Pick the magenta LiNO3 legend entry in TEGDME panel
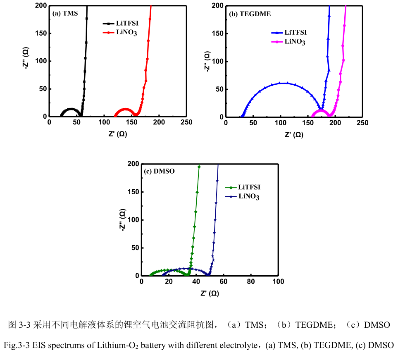(295, 42)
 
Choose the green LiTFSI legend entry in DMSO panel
(249, 187)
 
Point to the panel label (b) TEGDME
(250, 14)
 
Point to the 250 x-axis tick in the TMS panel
(186, 123)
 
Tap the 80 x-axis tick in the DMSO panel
(251, 281)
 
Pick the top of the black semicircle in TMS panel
(71, 109)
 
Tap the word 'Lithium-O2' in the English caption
(122, 345)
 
